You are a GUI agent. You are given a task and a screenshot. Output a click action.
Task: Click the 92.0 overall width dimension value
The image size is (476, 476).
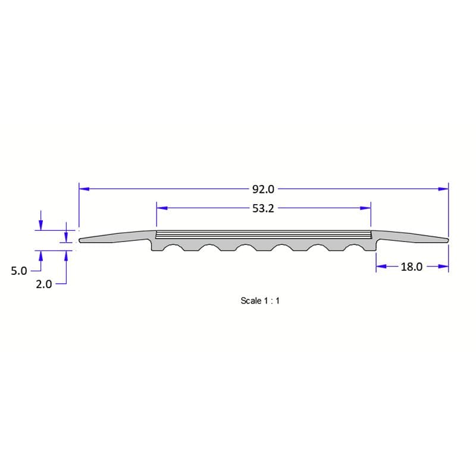(263, 189)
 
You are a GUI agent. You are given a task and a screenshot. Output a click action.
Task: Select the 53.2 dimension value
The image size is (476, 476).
(263, 208)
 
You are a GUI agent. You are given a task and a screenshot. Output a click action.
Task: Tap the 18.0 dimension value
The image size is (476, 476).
(411, 267)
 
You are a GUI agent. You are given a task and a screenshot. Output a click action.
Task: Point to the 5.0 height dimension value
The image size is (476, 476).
(19, 271)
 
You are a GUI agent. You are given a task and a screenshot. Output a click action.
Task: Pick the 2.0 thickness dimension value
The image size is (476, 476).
(44, 284)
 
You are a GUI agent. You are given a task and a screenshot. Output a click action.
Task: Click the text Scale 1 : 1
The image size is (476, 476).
(260, 301)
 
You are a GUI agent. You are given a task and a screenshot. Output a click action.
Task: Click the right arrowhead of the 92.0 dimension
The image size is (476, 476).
(443, 189)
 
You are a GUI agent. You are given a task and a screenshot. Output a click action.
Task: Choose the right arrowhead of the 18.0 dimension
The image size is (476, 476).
(443, 267)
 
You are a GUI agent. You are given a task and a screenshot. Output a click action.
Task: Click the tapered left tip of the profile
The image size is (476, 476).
(82, 240)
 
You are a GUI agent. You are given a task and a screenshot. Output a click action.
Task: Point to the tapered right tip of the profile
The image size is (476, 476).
(446, 240)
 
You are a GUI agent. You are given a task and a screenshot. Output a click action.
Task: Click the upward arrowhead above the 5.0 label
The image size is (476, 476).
(40, 255)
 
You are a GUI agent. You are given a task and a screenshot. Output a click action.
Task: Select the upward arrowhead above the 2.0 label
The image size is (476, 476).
(66, 255)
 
